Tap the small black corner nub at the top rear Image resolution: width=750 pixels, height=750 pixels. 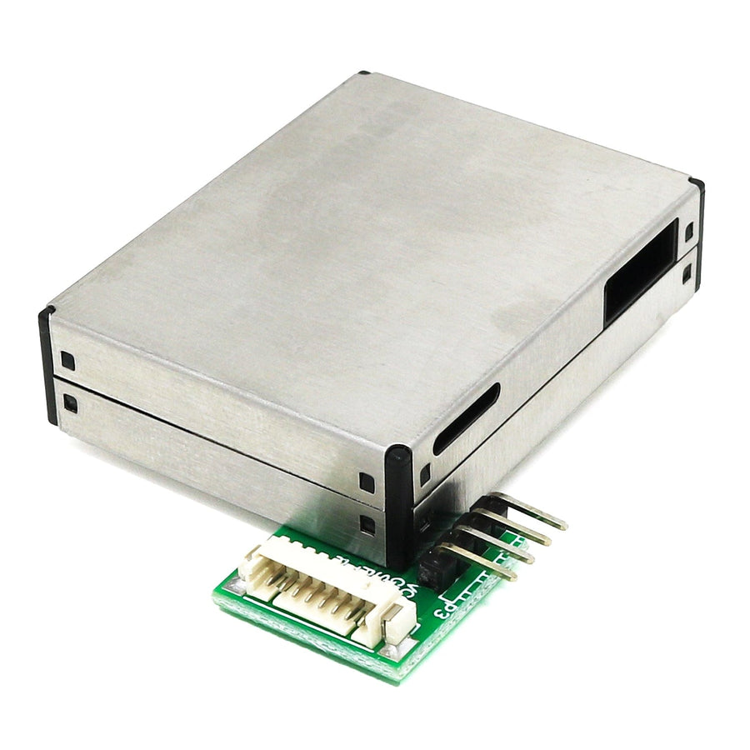click(363, 74)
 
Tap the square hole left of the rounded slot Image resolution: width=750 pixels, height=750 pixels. click(424, 474)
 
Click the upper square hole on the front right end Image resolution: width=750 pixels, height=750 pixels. click(367, 482)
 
